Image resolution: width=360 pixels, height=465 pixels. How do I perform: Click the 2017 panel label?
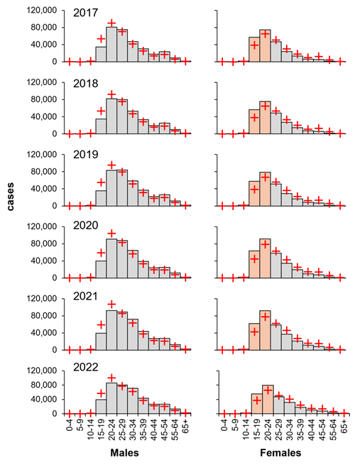click(85, 13)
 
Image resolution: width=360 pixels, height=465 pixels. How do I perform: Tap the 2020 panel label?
click(85, 225)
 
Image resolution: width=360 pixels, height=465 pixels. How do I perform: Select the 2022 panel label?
click(85, 367)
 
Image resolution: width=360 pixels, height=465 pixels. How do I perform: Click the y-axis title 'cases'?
click(11, 197)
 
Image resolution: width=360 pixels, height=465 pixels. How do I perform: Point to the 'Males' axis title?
click(124, 453)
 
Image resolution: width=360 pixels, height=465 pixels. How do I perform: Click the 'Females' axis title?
click(280, 453)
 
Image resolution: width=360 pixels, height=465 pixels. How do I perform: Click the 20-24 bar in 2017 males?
click(111, 45)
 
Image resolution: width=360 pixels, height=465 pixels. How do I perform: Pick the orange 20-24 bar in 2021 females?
click(265, 330)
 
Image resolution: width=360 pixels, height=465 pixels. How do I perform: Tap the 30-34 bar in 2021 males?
click(133, 334)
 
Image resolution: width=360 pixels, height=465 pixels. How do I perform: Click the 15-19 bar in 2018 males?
click(101, 126)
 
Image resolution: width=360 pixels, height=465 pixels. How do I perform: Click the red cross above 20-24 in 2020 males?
click(111, 234)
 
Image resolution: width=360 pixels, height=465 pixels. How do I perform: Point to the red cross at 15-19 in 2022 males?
click(101, 393)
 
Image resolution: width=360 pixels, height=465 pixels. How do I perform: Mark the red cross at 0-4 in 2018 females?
click(222, 133)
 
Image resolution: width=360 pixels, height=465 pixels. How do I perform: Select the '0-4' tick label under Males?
click(69, 425)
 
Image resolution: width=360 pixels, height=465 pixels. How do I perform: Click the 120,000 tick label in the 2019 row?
click(42, 155)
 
